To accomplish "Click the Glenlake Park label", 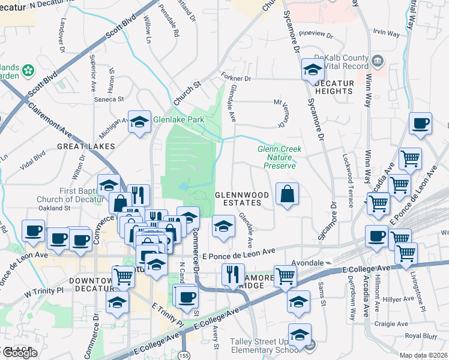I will click(x=178, y=120).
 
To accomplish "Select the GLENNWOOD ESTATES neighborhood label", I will click(x=239, y=199).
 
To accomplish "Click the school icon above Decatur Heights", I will click(x=313, y=70).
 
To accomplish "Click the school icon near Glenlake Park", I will click(x=139, y=122).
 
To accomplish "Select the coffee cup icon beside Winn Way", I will click(x=420, y=124).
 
